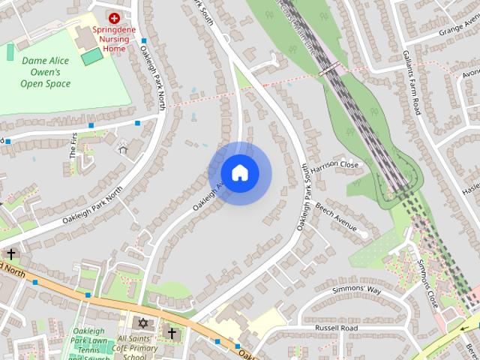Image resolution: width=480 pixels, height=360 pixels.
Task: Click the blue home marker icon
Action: click(x=239, y=172)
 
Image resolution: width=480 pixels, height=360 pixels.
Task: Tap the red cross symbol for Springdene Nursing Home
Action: click(x=115, y=17)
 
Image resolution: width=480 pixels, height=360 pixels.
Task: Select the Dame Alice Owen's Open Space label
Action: click(x=46, y=71)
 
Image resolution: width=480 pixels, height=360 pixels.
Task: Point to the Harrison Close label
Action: click(x=335, y=165)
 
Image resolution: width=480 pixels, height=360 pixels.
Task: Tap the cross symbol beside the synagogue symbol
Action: click(x=172, y=331)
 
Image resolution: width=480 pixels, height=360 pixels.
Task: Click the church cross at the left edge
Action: click(x=11, y=254)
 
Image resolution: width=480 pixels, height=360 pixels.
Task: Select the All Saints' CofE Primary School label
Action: click(x=142, y=346)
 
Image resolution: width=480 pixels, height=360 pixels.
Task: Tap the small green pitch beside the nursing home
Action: click(x=92, y=57)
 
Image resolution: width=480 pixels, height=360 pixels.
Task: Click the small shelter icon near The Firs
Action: click(x=124, y=148)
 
